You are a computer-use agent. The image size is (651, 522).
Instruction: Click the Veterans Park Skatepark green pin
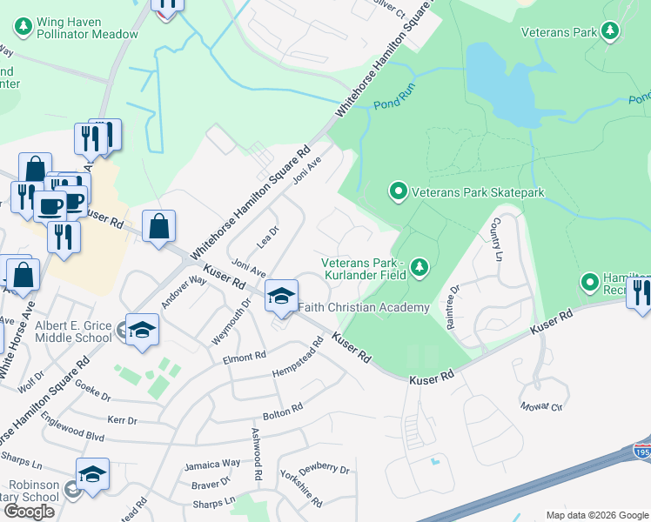399,189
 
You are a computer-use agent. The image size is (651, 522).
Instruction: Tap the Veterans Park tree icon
611,32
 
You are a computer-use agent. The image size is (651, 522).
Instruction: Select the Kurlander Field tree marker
420,267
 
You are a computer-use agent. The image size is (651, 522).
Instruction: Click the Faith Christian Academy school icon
281,298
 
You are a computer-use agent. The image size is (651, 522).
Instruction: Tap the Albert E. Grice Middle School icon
142,331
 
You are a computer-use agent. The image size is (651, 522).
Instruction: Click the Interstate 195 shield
641,451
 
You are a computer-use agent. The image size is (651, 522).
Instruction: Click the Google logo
29,512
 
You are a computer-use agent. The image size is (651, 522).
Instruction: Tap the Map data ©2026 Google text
596,515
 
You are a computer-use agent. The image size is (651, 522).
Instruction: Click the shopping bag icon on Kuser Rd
158,228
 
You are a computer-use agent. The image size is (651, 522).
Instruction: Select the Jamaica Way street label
211,465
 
